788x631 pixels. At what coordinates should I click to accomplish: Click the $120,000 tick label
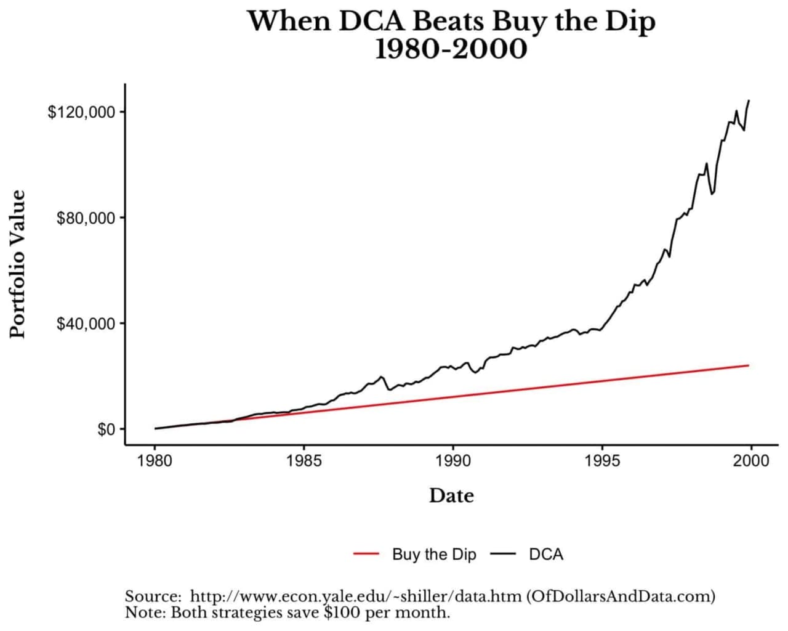click(81, 112)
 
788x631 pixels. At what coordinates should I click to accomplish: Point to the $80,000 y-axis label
click(86, 218)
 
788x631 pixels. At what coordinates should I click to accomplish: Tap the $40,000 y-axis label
click(86, 324)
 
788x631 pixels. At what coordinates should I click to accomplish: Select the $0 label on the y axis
click(106, 429)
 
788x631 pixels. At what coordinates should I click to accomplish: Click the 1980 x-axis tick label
click(155, 461)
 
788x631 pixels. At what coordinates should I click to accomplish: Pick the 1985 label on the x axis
click(304, 461)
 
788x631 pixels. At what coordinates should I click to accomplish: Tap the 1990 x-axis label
click(453, 461)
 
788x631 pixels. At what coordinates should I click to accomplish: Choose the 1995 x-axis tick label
click(602, 461)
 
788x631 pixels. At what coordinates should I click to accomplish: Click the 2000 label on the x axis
click(750, 461)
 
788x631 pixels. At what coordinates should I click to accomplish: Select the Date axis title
click(451, 495)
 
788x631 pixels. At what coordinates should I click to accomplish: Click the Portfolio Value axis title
click(18, 264)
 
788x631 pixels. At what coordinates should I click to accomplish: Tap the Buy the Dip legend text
click(434, 554)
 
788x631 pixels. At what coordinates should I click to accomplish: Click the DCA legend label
click(546, 554)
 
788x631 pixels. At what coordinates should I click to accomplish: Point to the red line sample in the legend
click(366, 554)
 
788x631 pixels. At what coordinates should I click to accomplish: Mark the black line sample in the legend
click(503, 554)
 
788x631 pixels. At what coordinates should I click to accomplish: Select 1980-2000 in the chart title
click(451, 49)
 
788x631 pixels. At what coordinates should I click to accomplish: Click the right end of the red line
click(749, 365)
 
